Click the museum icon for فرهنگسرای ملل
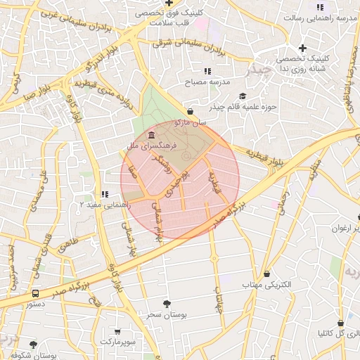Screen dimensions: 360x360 pos(152,134)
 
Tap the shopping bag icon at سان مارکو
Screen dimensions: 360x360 pos(191,111)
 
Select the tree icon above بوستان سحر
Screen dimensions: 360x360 pos(166,304)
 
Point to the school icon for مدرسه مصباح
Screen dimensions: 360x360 pos(207,71)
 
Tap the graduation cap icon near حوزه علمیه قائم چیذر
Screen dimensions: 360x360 pos(243,96)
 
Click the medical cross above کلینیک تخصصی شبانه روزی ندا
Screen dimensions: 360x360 pos(302,48)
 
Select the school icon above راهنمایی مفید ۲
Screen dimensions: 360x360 pos(104,193)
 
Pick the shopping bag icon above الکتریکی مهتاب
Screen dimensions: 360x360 pos(267,274)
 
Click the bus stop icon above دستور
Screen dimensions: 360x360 pos(35,293)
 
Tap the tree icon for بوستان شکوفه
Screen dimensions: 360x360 pos(33,345)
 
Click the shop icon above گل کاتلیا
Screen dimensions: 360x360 pos(340,321)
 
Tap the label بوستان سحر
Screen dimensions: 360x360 pos(166,315)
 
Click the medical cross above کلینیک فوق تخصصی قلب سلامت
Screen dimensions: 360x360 pos(169,3)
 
